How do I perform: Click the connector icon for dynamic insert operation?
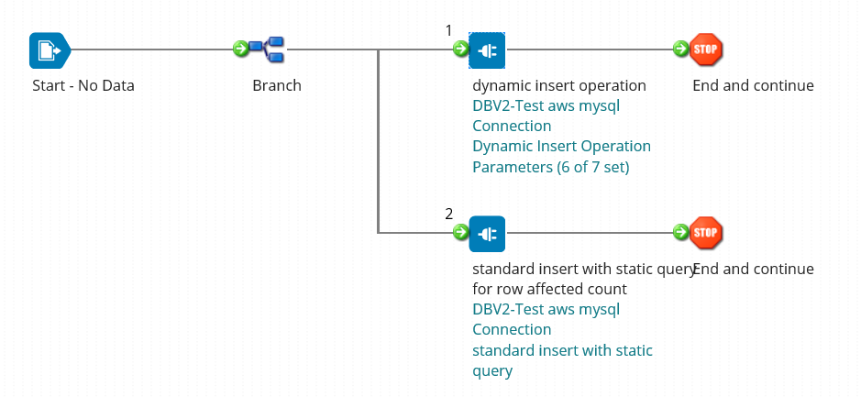[487, 50]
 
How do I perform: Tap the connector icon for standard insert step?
[487, 233]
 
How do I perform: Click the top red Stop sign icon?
[706, 50]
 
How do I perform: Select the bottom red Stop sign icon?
[706, 233]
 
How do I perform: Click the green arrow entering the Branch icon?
[241, 49]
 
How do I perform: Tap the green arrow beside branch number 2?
[460, 232]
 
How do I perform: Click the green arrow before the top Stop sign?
[680, 49]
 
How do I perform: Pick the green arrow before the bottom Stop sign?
[680, 232]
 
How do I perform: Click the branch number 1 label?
[448, 30]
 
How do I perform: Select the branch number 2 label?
[448, 214]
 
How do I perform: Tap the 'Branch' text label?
[276, 86]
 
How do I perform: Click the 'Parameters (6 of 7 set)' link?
[551, 167]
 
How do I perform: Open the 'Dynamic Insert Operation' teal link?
[561, 147]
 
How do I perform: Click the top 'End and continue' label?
[753, 86]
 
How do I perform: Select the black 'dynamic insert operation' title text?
[559, 86]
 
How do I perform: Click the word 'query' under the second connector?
[492, 370]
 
